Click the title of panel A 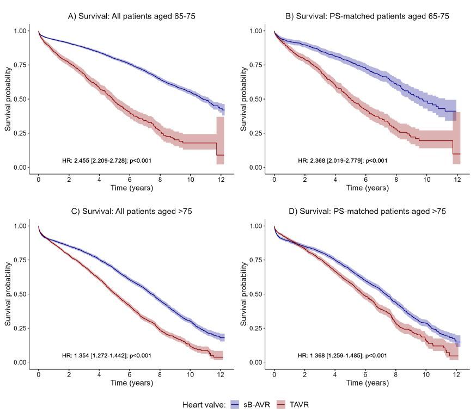pos(132,16)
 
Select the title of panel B pos(368,16)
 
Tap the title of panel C pos(132,211)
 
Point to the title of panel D pos(368,211)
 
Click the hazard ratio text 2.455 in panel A pos(107,161)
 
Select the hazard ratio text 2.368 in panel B pos(343,161)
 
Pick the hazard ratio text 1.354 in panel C pos(107,355)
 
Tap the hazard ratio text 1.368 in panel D pos(343,355)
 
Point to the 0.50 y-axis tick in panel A pos(20,99)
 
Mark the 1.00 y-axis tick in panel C pos(20,226)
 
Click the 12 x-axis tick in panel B pos(457,178)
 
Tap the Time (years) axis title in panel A pos(132,188)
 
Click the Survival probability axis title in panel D pos(244,294)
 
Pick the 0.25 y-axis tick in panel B pos(255,133)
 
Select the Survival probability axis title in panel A pos(9,99)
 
